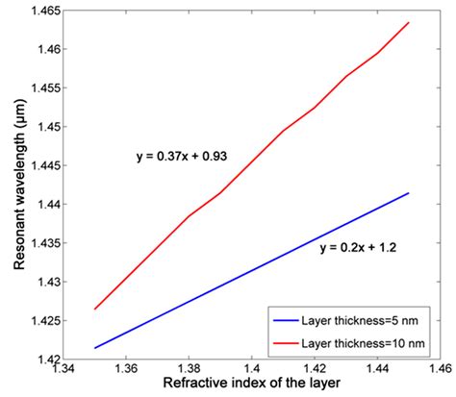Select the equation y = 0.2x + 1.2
pyautogui.click(x=358, y=247)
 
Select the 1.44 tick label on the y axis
pyautogui.click(x=46, y=205)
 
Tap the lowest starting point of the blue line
pyautogui.click(x=94, y=348)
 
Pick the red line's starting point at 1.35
pyautogui.click(x=94, y=310)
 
